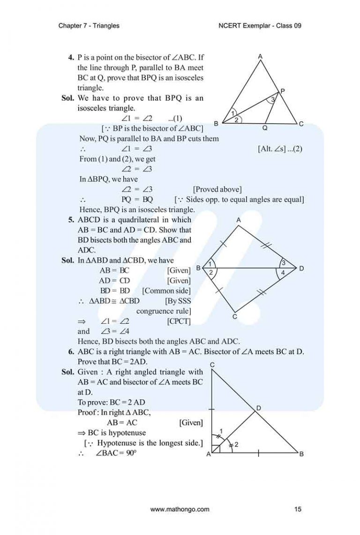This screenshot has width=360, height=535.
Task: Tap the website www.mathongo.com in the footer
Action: (180, 509)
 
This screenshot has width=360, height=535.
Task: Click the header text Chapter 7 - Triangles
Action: (89, 26)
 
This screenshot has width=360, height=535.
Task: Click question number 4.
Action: (71, 58)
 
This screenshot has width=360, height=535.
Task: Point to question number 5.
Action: (71, 220)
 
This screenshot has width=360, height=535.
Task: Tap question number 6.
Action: (71, 351)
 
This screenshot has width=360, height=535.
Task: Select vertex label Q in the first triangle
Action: (265, 127)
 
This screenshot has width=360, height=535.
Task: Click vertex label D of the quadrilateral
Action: (301, 268)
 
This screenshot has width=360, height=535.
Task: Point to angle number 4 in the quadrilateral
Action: (282, 272)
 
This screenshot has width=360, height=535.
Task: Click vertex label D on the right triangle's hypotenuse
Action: (258, 409)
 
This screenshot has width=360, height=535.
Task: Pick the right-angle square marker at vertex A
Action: (216, 449)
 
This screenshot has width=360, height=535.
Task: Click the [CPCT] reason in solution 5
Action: (179, 321)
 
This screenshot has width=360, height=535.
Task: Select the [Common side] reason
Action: (166, 290)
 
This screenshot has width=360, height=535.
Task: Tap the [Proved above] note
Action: (217, 189)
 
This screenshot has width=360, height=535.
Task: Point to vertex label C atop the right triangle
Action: (212, 364)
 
